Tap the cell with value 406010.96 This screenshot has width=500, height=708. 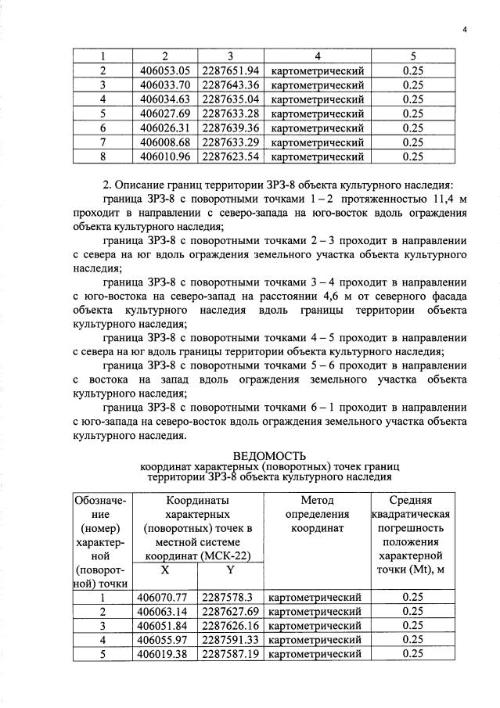pos(165,156)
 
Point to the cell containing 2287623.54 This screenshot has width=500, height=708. pos(230,156)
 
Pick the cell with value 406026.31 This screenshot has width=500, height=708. pos(165,128)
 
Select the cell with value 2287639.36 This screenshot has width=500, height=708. pos(230,128)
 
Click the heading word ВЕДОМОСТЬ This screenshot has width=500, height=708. pos(270,456)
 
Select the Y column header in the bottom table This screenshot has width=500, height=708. pos(230,571)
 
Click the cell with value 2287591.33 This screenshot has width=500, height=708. pos(230,639)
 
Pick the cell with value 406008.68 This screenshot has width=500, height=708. pos(165,142)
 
